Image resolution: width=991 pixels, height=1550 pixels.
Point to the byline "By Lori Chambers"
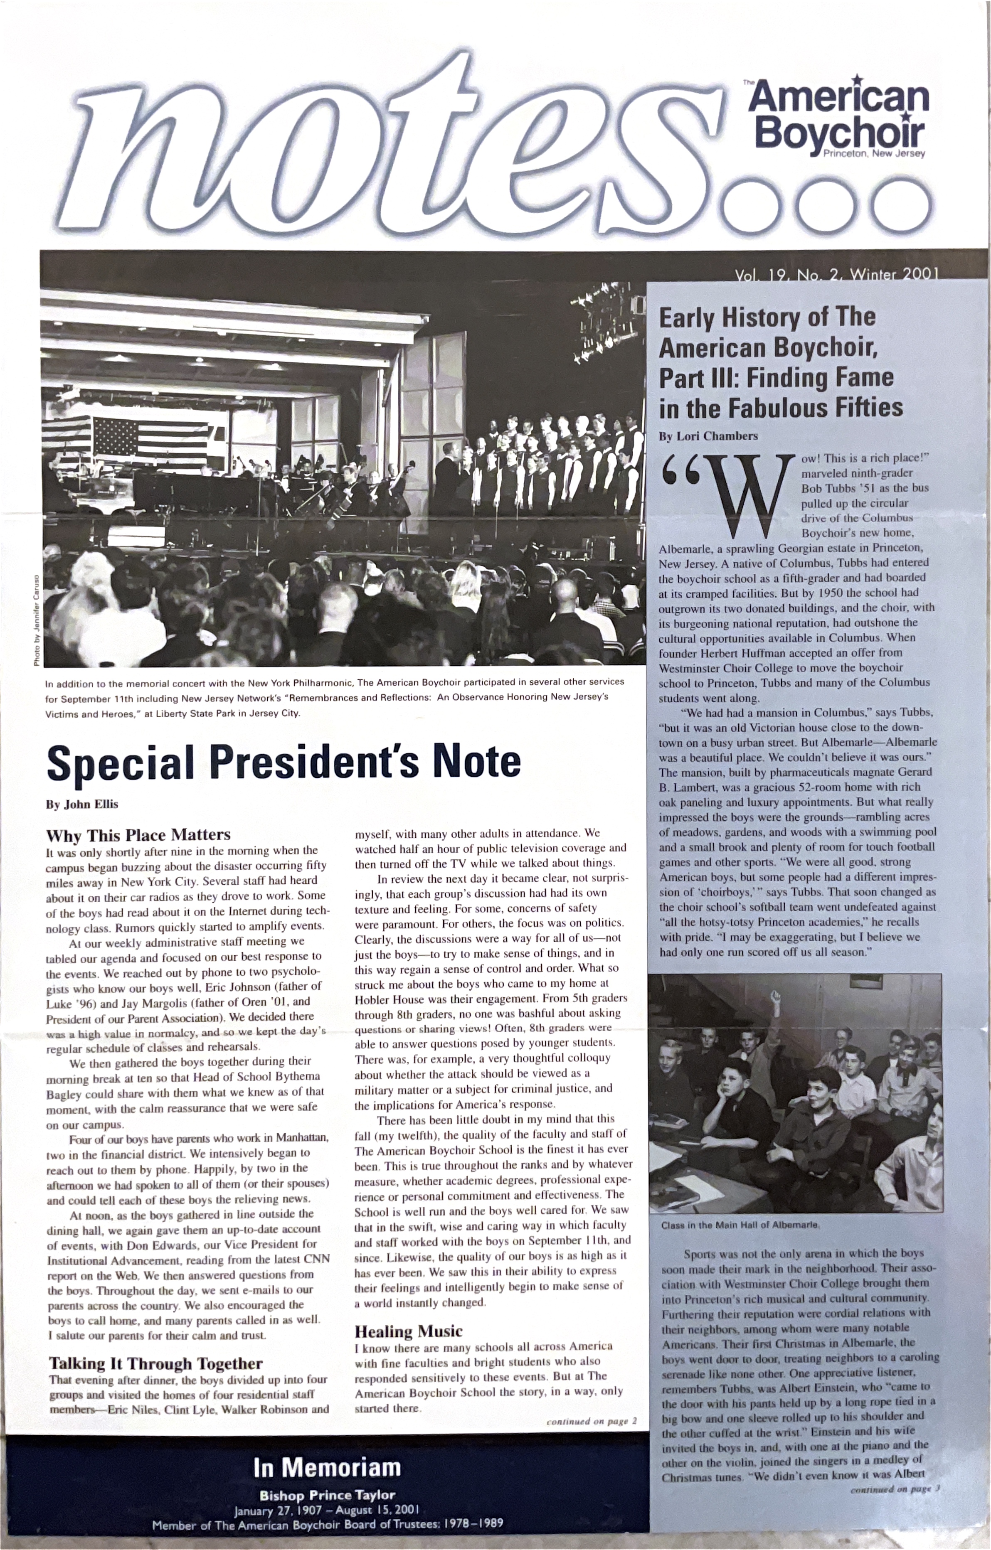tap(708, 436)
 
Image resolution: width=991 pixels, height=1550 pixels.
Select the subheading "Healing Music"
tap(408, 1331)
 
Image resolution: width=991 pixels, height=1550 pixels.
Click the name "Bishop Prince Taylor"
tap(327, 1495)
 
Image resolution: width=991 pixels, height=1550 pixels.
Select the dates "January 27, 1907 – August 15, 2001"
tap(327, 1509)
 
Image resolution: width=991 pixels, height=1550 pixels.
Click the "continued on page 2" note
tap(591, 1421)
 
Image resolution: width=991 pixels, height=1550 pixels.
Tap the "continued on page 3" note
tap(895, 1489)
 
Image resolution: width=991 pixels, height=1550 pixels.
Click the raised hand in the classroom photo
tap(776, 999)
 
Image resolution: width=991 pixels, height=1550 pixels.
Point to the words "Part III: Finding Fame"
tap(776, 378)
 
